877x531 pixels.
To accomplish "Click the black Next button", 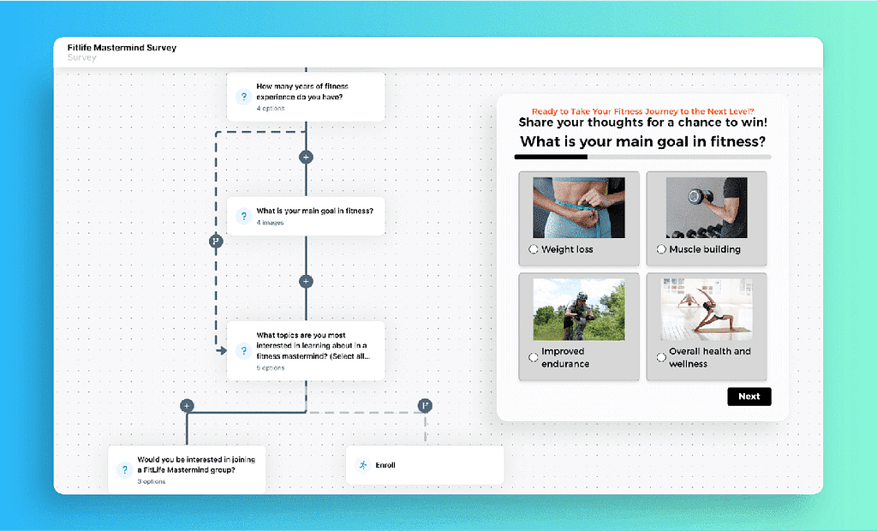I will tap(749, 397).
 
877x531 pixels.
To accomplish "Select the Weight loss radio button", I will tap(534, 249).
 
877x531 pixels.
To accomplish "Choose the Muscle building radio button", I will tap(661, 249).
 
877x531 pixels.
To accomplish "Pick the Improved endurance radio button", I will tap(534, 357).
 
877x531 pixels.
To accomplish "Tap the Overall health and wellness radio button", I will tap(661, 357).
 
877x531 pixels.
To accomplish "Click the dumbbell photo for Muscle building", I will tap(706, 207).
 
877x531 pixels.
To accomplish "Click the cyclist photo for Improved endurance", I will tap(578, 309).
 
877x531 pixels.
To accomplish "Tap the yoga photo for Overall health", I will tap(706, 309).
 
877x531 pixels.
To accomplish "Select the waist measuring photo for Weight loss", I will tap(578, 207).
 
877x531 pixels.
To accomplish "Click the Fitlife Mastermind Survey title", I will tap(122, 48).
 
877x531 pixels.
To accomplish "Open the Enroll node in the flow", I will tap(425, 465).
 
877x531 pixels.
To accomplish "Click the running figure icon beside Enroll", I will tap(363, 465).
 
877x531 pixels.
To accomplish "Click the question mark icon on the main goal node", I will tap(243, 217).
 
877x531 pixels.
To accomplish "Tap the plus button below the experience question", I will tap(306, 158).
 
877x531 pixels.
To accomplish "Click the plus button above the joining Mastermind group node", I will tap(187, 406).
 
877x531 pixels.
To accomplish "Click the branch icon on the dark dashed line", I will tap(216, 242).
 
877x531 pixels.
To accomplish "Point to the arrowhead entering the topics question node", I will tap(221, 350).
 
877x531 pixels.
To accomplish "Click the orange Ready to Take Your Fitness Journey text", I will tap(642, 111).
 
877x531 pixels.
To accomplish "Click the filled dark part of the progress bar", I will tap(551, 158).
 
